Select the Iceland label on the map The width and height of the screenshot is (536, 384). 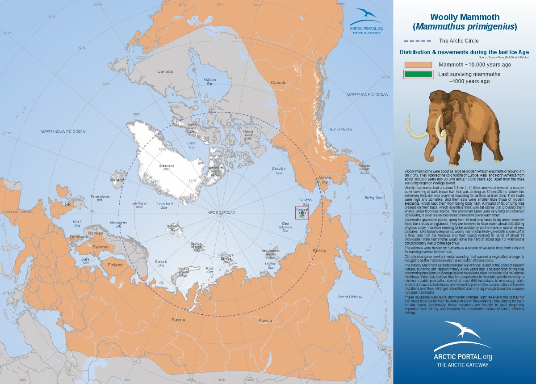118,180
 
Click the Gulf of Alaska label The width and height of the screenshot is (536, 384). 341,129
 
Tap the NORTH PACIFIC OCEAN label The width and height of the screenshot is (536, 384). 368,94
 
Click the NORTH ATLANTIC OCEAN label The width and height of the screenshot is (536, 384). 63,131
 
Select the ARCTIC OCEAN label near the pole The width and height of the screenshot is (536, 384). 221,213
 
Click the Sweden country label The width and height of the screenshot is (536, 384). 100,246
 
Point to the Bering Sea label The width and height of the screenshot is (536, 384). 373,197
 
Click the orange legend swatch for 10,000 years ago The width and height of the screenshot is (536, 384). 418,64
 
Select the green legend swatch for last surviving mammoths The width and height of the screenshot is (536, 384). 418,74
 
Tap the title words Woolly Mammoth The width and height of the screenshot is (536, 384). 464,17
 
